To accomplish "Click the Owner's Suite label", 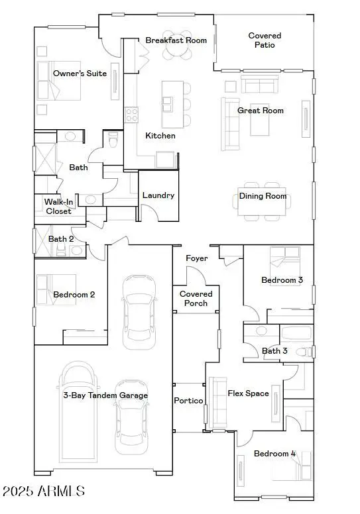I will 80,74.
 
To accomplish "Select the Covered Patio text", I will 265,40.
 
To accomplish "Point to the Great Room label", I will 261,111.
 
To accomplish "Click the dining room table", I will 263,201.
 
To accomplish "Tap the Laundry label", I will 158,195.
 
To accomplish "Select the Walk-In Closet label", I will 58,207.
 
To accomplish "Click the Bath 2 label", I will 61,238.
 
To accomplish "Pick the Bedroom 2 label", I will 74,294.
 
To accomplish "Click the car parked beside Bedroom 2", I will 139,311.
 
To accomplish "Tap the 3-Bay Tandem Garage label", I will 105,395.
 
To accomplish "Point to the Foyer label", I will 196,258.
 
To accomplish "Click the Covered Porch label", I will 196,299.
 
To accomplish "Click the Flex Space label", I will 249,393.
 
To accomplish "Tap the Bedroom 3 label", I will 282,280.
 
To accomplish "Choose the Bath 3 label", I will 274,350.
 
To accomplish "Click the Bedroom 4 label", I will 274,454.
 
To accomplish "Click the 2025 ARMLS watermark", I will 43,491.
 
